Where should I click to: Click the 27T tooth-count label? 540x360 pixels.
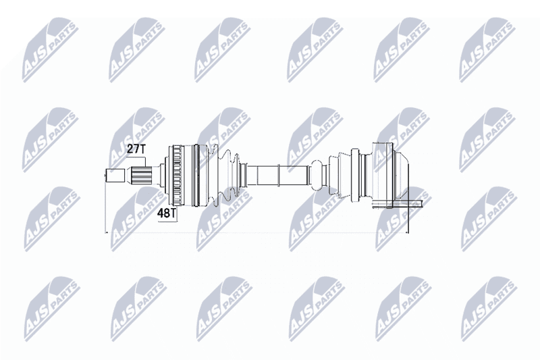137,149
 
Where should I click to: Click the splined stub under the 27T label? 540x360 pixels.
142,176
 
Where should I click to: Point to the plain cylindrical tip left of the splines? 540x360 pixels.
115,176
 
